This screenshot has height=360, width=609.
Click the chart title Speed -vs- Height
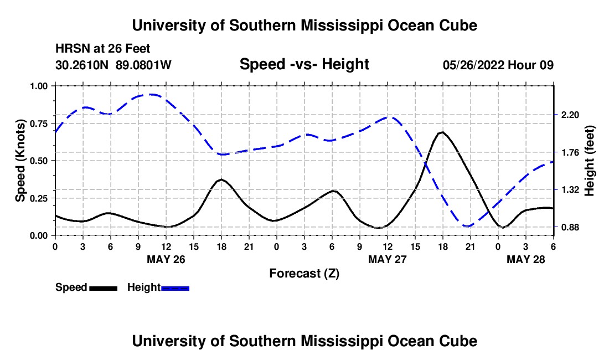click(x=304, y=64)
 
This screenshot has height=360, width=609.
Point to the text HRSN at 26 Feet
click(x=103, y=49)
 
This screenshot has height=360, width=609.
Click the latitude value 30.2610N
click(x=83, y=65)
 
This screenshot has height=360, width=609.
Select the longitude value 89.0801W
click(x=144, y=65)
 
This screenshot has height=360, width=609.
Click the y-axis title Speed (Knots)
click(x=20, y=161)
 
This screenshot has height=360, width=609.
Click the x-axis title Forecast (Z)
click(x=304, y=273)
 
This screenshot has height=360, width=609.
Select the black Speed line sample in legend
click(x=103, y=287)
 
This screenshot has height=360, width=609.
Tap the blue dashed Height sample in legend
click(x=175, y=287)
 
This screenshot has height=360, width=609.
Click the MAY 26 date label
click(x=166, y=259)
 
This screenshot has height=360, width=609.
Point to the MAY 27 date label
click(x=388, y=259)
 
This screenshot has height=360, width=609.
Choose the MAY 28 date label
click(x=527, y=259)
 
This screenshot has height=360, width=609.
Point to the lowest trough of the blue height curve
click(x=468, y=226)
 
